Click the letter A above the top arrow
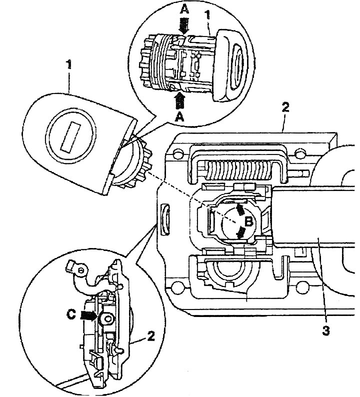[185, 10]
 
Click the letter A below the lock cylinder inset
[179, 117]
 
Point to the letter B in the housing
[249, 222]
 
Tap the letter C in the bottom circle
[71, 314]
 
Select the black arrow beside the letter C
[88, 316]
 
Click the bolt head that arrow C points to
[106, 319]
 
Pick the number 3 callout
[326, 330]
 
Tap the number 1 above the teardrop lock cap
[68, 64]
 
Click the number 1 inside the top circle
[207, 15]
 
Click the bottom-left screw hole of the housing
[176, 287]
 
